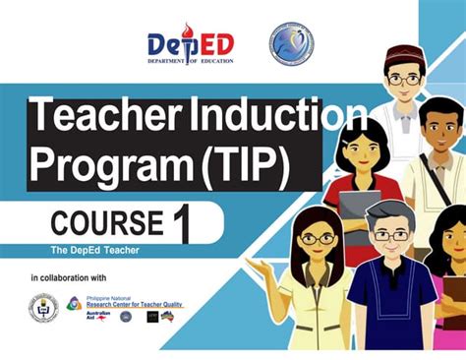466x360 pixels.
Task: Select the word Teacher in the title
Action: pos(94,120)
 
